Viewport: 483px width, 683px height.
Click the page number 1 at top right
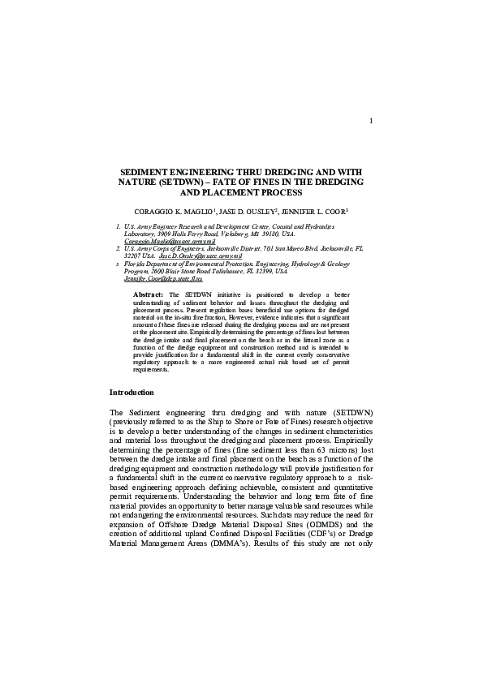click(370, 122)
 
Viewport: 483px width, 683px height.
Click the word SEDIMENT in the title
click(144, 174)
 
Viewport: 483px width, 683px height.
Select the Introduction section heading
click(132, 393)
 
